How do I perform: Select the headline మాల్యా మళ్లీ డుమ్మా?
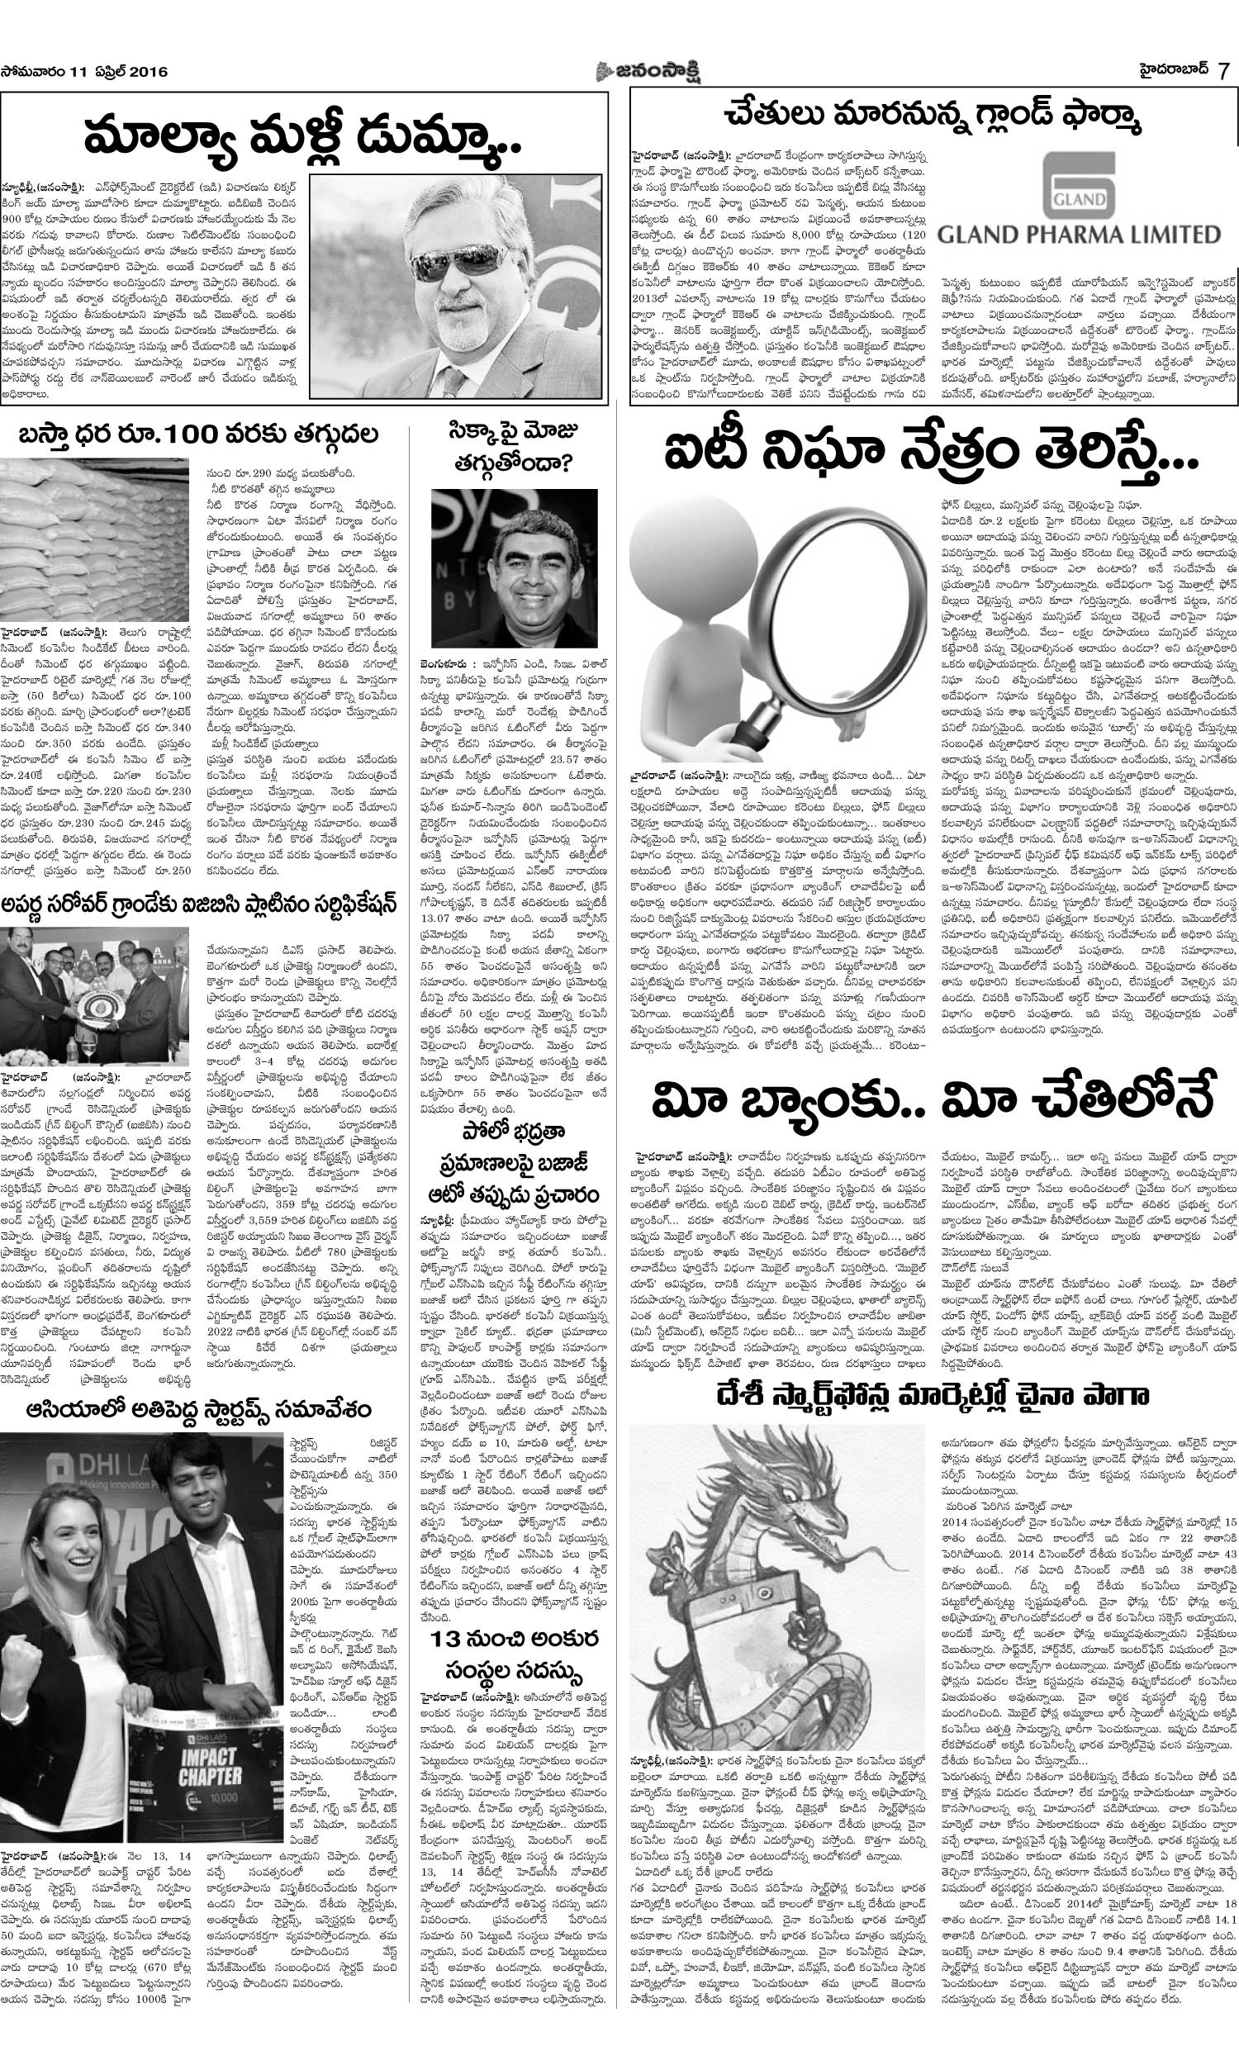(306, 136)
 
